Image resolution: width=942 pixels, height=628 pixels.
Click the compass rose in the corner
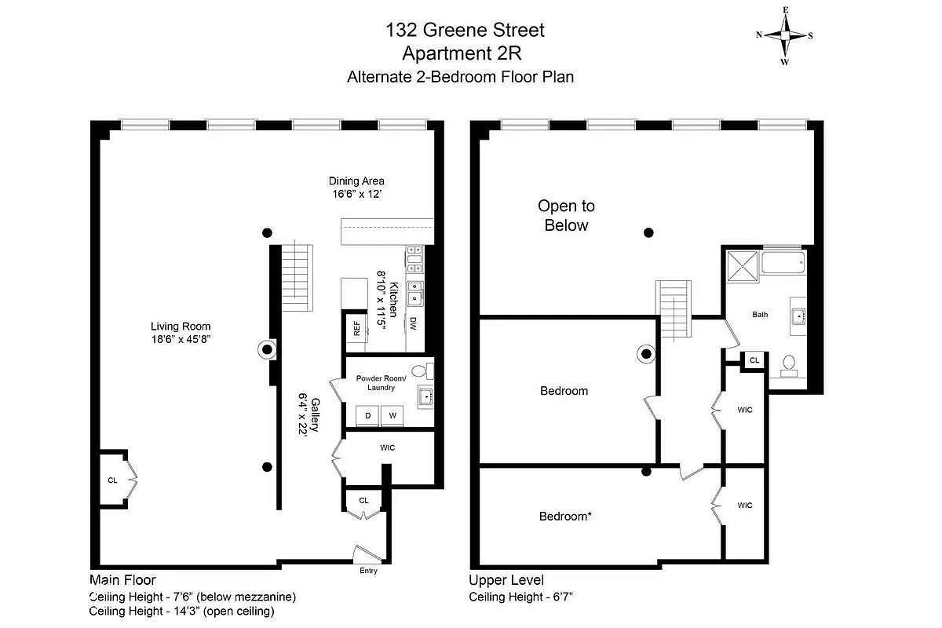point(784,35)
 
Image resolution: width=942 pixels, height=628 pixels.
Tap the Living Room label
point(181,327)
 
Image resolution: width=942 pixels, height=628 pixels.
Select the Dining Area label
point(356,181)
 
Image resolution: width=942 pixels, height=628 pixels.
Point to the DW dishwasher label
point(413,322)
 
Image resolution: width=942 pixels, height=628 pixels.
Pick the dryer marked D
point(367,414)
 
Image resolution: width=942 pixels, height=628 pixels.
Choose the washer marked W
point(392,414)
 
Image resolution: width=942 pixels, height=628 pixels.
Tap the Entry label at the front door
point(368,571)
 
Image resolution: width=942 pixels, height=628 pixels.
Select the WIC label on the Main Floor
point(387,447)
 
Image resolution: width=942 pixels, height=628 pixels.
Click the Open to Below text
point(566,216)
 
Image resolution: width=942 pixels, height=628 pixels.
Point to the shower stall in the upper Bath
point(742,263)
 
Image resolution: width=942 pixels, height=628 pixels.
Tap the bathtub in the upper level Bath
point(783,262)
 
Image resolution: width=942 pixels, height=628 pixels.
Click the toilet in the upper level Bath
point(789,363)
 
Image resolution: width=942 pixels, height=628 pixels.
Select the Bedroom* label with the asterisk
point(564,517)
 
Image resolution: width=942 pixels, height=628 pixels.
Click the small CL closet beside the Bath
point(754,360)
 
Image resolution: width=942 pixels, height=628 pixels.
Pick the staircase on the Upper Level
point(674,309)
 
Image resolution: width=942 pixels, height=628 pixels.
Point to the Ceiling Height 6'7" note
point(521,597)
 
